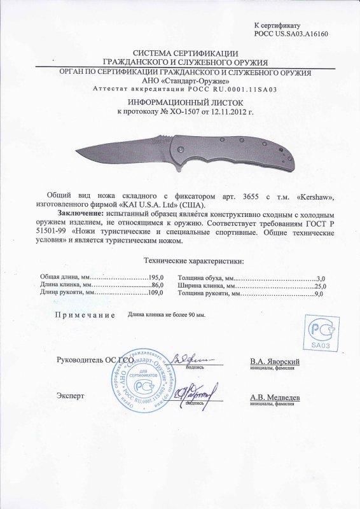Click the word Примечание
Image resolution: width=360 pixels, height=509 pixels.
tap(85, 315)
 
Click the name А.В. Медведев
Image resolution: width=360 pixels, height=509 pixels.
tap(275, 397)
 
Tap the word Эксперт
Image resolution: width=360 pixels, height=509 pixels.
tap(71, 394)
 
